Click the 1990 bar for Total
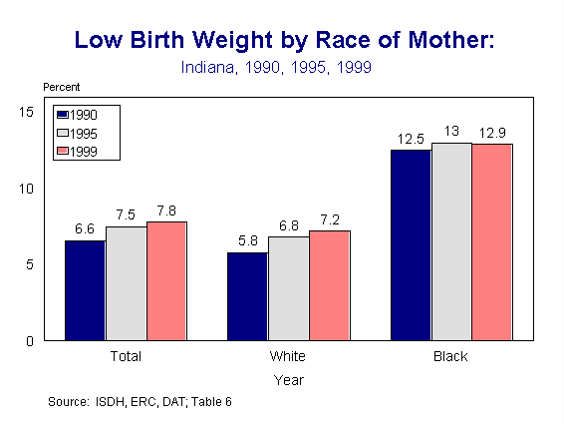pos(85,290)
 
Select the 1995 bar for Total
pos(126,283)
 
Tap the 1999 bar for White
pos(329,285)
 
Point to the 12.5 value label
pos(410,139)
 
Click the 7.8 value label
pos(166,211)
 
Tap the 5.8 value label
pos(247,240)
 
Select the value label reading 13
pos(450,132)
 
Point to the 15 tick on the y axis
pos(27,112)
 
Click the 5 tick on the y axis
pos(31,264)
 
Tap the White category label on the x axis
pos(288,356)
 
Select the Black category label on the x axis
pos(450,356)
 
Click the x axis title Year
pos(289,379)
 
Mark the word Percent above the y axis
pos(61,87)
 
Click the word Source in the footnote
pos(67,402)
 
